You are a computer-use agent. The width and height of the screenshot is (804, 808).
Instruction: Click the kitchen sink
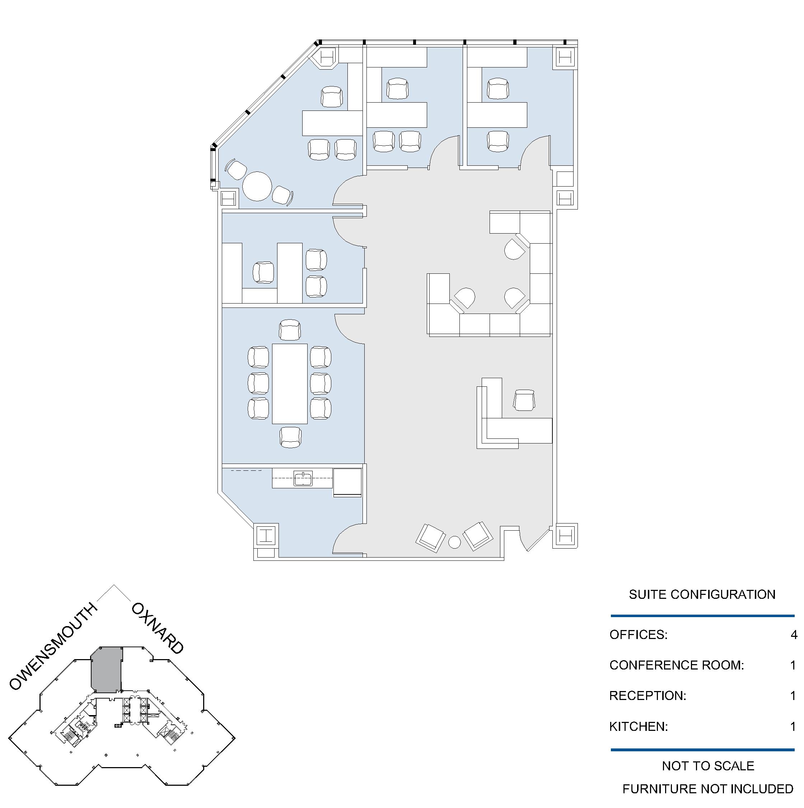click(x=303, y=478)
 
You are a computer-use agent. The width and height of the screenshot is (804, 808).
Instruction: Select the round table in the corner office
click(x=257, y=186)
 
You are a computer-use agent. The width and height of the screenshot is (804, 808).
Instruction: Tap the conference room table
click(x=289, y=384)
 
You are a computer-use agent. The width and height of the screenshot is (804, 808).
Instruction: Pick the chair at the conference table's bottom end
click(x=290, y=437)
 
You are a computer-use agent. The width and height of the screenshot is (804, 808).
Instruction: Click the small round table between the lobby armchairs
click(x=454, y=542)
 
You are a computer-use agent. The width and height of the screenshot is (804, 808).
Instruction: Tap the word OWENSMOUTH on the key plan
click(x=53, y=646)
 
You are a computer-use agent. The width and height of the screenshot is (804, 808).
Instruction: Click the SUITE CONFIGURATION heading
click(x=702, y=594)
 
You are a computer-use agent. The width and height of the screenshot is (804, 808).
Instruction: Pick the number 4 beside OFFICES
click(x=794, y=634)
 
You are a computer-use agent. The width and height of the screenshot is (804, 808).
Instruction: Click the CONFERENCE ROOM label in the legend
click(x=677, y=665)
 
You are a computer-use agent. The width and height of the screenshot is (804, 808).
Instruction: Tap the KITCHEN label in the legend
click(x=638, y=727)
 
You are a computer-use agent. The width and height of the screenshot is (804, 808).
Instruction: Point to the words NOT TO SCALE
click(x=708, y=766)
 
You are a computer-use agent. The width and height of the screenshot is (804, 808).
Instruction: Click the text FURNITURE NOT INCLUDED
click(x=708, y=789)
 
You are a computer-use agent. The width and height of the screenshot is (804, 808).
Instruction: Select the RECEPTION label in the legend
click(x=648, y=695)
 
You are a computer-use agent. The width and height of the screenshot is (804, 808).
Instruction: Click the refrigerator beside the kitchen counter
click(x=347, y=482)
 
